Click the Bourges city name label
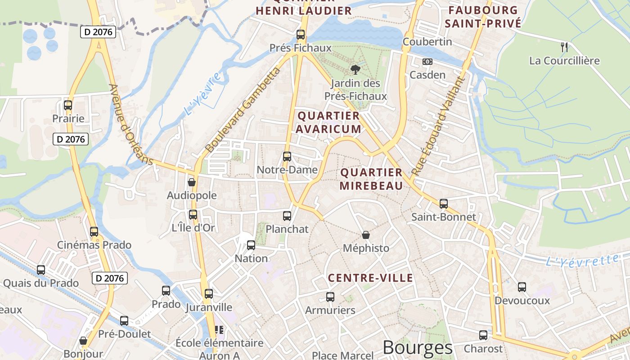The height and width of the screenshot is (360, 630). tap(417, 348)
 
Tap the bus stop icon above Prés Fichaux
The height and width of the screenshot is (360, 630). tap(301, 34)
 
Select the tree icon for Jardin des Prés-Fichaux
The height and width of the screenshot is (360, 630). tap(355, 70)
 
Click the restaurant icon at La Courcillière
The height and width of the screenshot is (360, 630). tap(564, 46)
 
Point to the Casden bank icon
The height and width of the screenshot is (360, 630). tap(427, 62)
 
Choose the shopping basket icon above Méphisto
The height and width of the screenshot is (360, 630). tap(366, 235)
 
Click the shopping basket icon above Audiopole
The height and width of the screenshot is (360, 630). tap(192, 182)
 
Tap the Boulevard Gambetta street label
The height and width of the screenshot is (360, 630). tap(243, 110)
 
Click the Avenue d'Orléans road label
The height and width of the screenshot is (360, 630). tap(131, 125)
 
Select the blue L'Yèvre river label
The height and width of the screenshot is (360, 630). tap(203, 93)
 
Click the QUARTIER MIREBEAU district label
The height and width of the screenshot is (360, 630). tap(371, 179)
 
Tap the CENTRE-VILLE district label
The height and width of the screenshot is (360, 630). tap(370, 278)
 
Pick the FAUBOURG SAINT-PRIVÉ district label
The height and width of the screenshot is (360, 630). tap(483, 17)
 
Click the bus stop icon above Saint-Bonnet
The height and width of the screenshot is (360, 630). tap(444, 204)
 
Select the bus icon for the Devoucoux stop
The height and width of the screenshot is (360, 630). tap(522, 287)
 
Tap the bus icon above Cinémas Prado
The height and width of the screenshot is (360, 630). tap(94, 232)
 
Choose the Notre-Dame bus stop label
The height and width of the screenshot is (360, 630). tap(287, 170)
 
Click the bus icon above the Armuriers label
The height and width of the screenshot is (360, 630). tap(330, 297)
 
